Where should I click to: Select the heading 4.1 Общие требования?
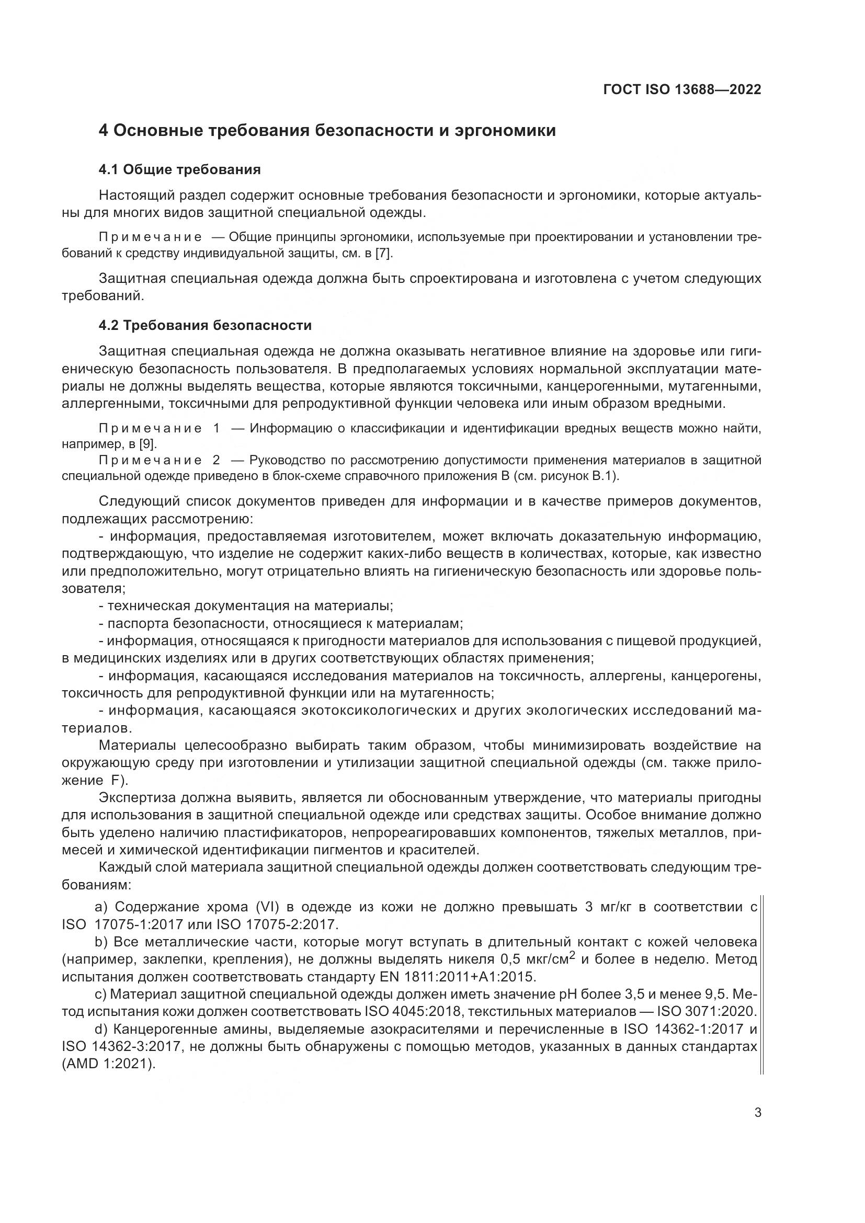click(179, 170)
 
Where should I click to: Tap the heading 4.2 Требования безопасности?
click(204, 325)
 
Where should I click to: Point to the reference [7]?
click(383, 254)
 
